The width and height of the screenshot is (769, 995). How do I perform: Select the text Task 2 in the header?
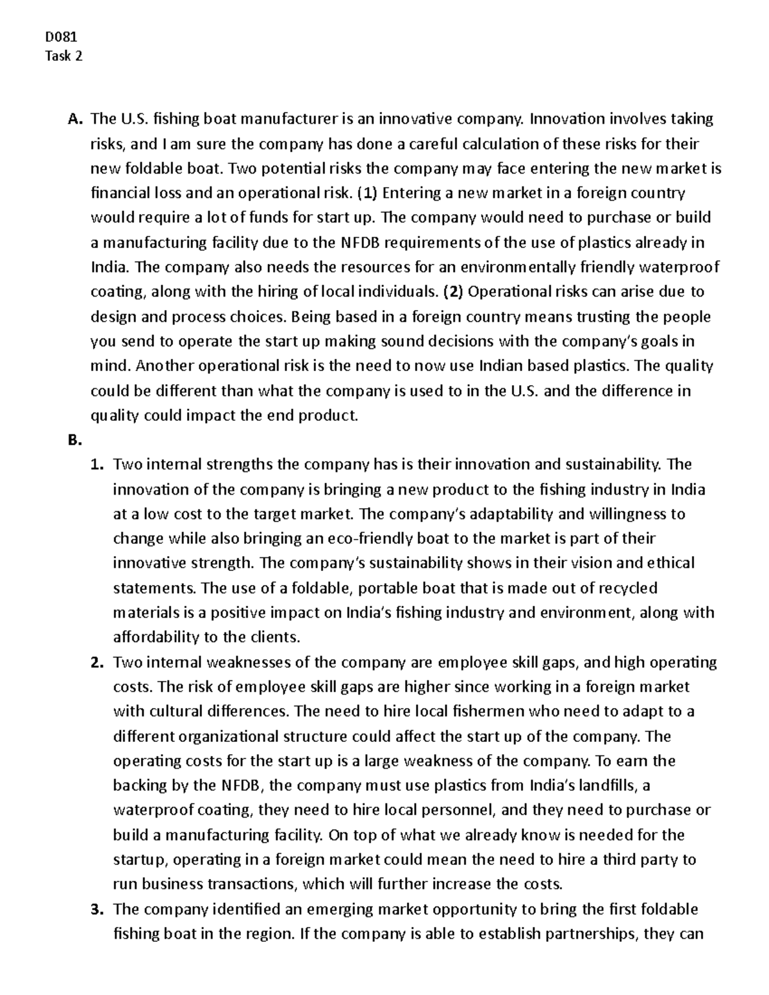click(x=63, y=56)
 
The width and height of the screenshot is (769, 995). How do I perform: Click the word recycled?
click(x=627, y=588)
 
